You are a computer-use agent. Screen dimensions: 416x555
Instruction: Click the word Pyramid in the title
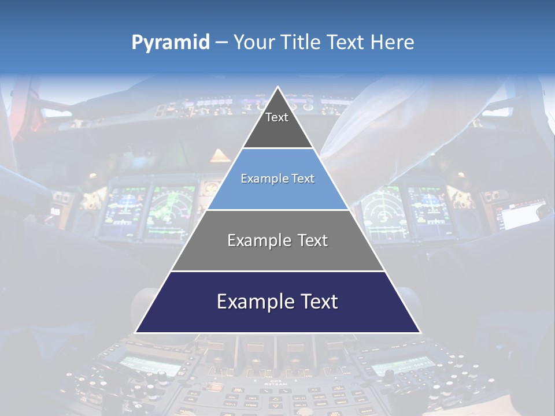[x=170, y=43]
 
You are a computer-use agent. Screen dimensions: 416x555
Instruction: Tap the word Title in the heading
[x=302, y=42]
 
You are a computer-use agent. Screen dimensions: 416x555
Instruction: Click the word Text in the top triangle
[x=277, y=117]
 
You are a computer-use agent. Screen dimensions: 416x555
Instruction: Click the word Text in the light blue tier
[x=302, y=179]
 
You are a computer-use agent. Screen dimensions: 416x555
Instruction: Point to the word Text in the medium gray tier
[x=313, y=240]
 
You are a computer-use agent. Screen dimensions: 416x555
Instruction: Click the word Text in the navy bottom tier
[x=318, y=302]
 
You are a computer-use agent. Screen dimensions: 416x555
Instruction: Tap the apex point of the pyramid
[x=277, y=87]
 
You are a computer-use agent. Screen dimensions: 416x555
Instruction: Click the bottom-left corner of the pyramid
[x=136, y=332]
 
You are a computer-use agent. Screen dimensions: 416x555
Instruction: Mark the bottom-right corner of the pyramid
[x=420, y=332]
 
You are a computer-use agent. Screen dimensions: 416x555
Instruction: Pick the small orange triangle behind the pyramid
[x=220, y=155]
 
